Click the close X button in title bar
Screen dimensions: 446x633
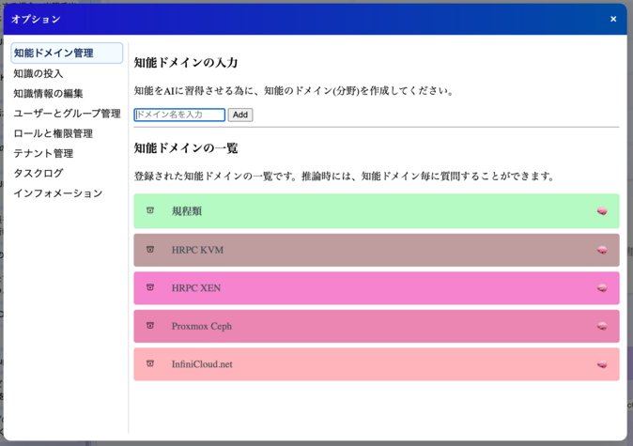point(613,19)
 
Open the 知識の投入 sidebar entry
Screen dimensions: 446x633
point(39,73)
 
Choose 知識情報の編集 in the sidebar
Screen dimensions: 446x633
point(48,93)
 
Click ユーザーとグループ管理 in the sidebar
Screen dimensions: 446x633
point(67,114)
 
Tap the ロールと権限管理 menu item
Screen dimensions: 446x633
point(53,133)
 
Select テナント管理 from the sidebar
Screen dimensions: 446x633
point(43,153)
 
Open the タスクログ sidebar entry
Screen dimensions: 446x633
point(39,173)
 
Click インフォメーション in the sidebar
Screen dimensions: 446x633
point(57,193)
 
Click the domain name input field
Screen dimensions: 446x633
point(179,115)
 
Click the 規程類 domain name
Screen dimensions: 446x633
point(187,211)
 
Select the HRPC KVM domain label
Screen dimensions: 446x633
point(197,250)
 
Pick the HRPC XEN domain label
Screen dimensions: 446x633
point(196,288)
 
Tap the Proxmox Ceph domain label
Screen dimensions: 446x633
point(201,327)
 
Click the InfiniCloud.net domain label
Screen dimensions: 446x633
point(201,364)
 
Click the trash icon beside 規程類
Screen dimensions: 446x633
point(150,210)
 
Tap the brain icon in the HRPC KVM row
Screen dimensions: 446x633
point(602,250)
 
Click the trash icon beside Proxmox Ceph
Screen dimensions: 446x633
point(150,326)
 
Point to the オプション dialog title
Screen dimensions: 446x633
point(36,19)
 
